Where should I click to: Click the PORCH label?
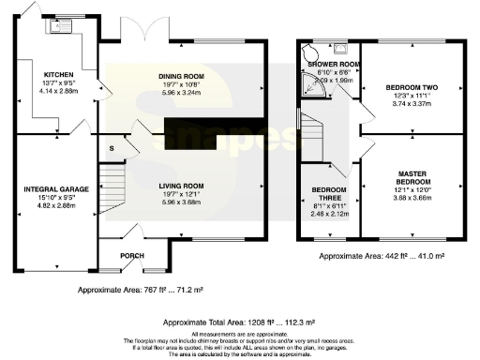pyautogui.click(x=131, y=255)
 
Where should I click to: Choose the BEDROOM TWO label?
pyautogui.click(x=412, y=87)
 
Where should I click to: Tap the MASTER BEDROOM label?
pyautogui.click(x=412, y=177)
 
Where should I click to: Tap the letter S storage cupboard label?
pyautogui.click(x=112, y=148)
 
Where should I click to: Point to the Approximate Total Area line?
pyautogui.click(x=242, y=319)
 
